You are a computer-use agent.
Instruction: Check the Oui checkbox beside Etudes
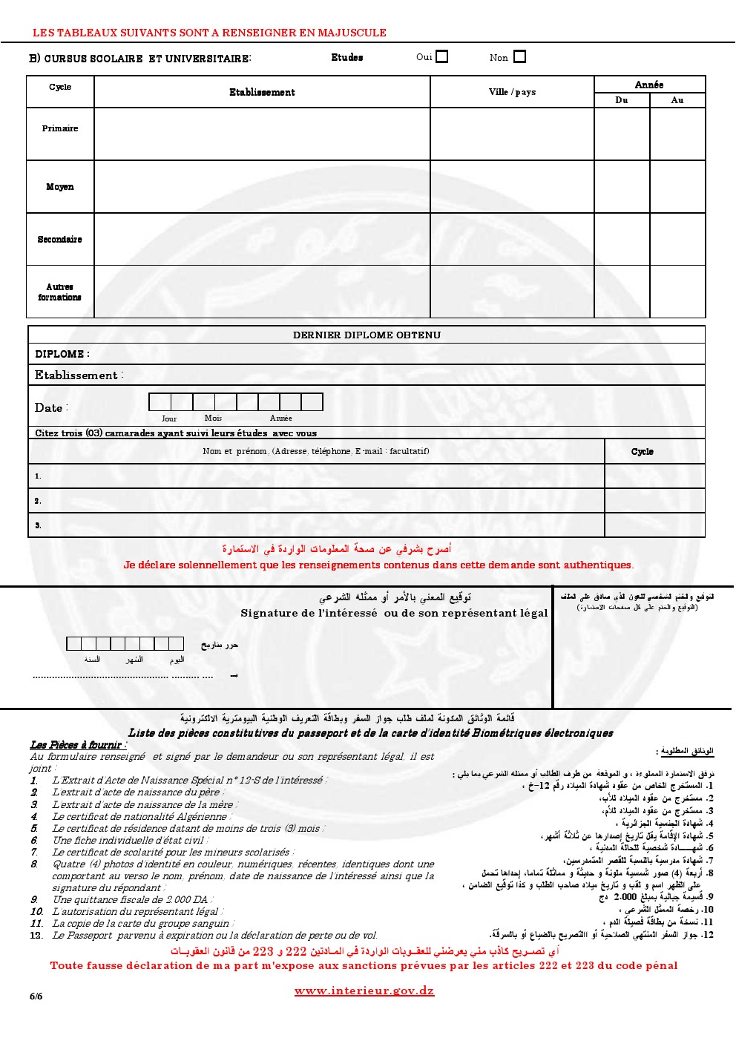point(442,56)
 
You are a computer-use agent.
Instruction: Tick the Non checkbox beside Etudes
point(519,56)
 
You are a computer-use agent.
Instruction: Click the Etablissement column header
point(262,93)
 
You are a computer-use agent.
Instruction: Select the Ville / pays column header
point(512,93)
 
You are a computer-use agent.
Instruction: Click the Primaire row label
point(60,128)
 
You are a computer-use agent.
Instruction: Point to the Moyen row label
point(60,187)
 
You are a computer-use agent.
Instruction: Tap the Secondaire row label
point(60,240)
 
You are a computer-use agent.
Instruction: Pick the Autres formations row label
point(60,292)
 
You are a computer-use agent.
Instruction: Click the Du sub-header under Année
point(622,100)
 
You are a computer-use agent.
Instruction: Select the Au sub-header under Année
point(677,100)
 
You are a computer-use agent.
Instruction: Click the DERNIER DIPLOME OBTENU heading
point(367,335)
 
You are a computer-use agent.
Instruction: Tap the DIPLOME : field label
point(62,355)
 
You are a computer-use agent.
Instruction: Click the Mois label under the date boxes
point(213,418)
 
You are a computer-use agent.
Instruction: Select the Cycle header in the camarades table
point(643,452)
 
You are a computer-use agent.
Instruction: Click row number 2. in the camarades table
point(38,501)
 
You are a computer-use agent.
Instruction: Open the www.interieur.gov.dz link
point(364,991)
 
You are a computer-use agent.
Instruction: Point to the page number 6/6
point(36,996)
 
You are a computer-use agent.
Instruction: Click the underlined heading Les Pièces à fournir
point(78,745)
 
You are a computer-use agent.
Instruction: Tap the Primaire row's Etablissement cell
point(262,134)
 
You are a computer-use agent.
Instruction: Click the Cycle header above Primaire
point(60,88)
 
